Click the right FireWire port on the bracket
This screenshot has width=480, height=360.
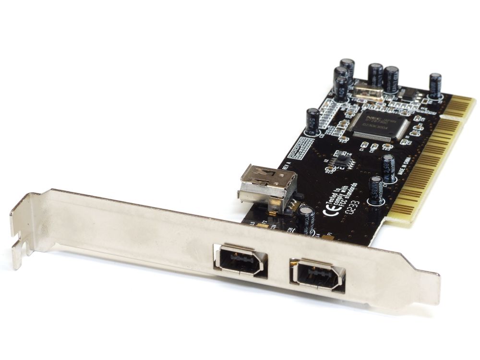pyautogui.click(x=317, y=275)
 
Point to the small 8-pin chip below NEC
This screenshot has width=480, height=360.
pyautogui.click(x=343, y=160)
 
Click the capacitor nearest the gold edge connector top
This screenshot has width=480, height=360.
pyautogui.click(x=435, y=85)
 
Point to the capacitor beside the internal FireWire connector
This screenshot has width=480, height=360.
pyautogui.click(x=306, y=219)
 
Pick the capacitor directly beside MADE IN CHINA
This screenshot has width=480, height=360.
pyautogui.click(x=388, y=168)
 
